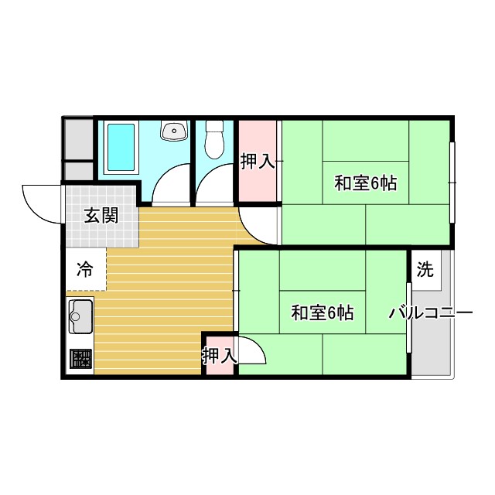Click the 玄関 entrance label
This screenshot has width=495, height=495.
click(x=101, y=216)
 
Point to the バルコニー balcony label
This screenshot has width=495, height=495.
click(x=430, y=313)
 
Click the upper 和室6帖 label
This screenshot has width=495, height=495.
click(x=365, y=183)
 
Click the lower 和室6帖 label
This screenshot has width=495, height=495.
click(x=322, y=313)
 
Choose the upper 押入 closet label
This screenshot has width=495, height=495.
click(x=258, y=162)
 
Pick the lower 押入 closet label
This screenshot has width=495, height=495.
click(x=219, y=357)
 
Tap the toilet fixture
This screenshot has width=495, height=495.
click(x=214, y=139)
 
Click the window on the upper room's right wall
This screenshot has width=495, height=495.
click(x=453, y=174)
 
